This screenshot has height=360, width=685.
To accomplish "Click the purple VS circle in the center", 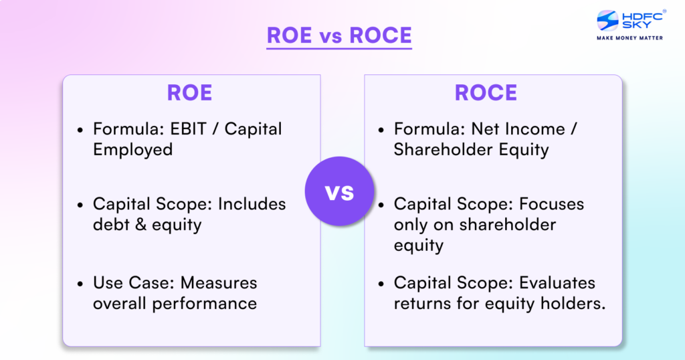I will pyautogui.click(x=339, y=193).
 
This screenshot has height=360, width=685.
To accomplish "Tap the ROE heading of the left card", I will pyautogui.click(x=189, y=93).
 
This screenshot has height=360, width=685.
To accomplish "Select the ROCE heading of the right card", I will pyautogui.click(x=486, y=93).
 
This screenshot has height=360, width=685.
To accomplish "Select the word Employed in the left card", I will pyautogui.click(x=132, y=149).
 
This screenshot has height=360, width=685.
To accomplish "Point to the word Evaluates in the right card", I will pyautogui.click(x=551, y=283).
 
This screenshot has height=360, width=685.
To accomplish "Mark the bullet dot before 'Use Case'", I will pyautogui.click(x=80, y=284).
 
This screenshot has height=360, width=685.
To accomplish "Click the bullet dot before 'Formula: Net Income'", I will pyautogui.click(x=381, y=130).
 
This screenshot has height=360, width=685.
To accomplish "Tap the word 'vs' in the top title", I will pyautogui.click(x=339, y=35).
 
